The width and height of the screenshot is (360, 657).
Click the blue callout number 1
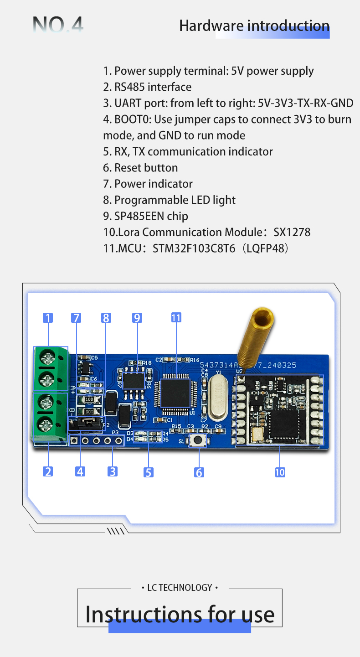tap(48, 318)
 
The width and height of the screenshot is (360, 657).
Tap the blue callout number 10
tap(280, 472)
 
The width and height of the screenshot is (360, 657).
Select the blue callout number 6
tap(199, 472)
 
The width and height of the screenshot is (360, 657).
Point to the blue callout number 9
tap(137, 318)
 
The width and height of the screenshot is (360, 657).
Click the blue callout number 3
tap(113, 471)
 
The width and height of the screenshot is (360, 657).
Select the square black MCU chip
tap(175, 392)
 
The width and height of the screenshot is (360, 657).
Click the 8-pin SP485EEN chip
tap(133, 380)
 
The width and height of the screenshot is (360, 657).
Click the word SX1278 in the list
tap(292, 232)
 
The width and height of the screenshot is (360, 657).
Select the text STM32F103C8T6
tap(194, 248)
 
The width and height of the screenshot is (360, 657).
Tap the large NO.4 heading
tap(58, 25)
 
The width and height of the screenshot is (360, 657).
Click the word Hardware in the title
tap(211, 26)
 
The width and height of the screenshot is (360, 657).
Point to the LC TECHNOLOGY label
tap(180, 588)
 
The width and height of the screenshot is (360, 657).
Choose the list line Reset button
tap(140, 167)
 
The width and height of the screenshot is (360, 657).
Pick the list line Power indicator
tap(148, 184)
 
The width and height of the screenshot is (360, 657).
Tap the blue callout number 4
tap(80, 471)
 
